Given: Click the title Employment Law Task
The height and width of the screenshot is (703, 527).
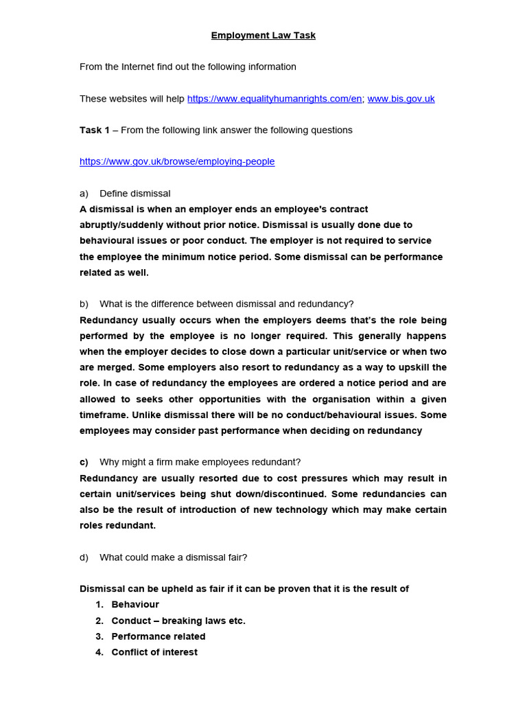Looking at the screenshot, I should pos(263,35).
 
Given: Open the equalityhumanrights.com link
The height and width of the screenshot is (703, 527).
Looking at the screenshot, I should pos(274,98).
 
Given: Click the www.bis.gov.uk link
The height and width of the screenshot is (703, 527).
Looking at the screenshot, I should pos(401,98).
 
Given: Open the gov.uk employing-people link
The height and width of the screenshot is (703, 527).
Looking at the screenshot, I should pos(177,161).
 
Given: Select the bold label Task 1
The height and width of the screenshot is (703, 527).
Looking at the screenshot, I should pos(95,130).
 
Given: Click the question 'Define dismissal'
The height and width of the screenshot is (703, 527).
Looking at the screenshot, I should pos(134,194).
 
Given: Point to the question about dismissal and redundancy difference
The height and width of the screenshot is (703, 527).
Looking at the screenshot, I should pos(226,304).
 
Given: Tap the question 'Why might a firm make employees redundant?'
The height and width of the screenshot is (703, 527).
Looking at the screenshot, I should pos(200,462).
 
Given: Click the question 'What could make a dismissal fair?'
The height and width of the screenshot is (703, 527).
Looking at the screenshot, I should pos(173,557).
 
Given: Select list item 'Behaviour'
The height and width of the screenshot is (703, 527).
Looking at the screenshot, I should pos(135,605).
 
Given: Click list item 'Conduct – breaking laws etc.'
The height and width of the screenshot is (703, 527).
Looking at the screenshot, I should pos(178,621).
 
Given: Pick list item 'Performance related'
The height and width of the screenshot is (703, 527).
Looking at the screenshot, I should pos(159,636).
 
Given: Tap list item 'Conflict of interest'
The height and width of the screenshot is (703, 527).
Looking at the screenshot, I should pos(154,652).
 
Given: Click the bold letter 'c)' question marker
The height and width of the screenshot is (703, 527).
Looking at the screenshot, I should pos(84,462).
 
